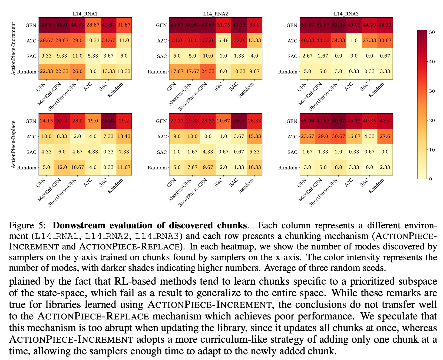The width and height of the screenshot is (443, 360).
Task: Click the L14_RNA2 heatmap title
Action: click(216, 14)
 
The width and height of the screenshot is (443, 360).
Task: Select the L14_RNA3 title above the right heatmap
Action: click(346, 14)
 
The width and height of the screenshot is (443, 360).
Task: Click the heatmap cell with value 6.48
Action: click(223, 41)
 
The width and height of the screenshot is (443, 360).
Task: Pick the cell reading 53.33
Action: click(338, 25)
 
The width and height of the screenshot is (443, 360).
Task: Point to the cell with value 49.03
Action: click(354, 25)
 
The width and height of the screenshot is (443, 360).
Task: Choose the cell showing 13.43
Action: click(124, 136)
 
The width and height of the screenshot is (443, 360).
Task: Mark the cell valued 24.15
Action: click(47, 121)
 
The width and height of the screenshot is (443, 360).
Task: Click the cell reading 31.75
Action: click(223, 25)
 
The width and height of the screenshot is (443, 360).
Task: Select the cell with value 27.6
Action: click(385, 136)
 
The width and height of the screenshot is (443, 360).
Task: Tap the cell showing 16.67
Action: click(354, 136)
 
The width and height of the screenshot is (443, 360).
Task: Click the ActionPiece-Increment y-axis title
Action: click(14, 49)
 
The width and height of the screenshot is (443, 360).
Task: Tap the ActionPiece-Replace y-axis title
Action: click(14, 144)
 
